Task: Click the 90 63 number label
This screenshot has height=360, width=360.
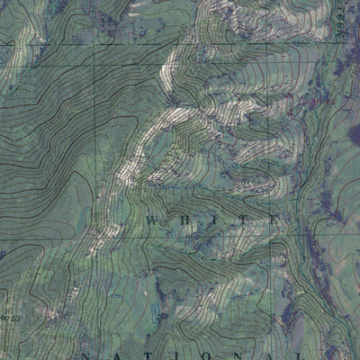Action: [11, 319]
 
